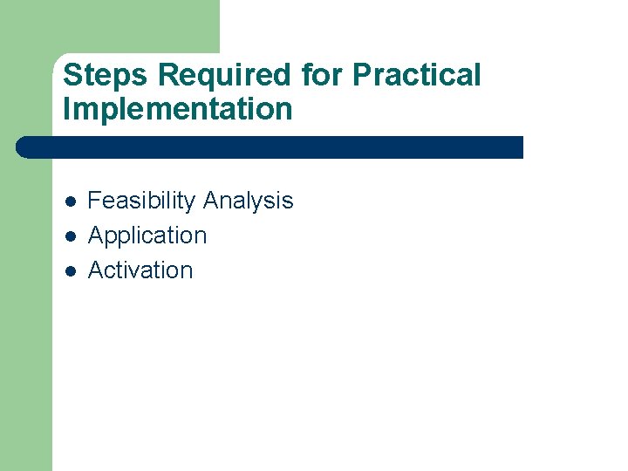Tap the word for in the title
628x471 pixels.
[x=324, y=76]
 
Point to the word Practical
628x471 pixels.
[x=416, y=76]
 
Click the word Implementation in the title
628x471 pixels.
[x=178, y=110]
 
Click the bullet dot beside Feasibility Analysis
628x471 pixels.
[x=70, y=201]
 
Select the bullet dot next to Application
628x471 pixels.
[x=70, y=236]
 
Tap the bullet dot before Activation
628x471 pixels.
[x=70, y=271]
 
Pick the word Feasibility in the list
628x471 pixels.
[x=142, y=201]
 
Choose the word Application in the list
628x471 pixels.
[x=147, y=236]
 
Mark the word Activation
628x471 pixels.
[x=140, y=270]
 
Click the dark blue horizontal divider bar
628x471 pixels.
[x=270, y=147]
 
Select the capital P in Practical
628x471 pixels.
[x=361, y=76]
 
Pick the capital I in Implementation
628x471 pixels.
[x=67, y=110]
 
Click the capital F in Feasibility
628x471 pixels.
[x=94, y=201]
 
